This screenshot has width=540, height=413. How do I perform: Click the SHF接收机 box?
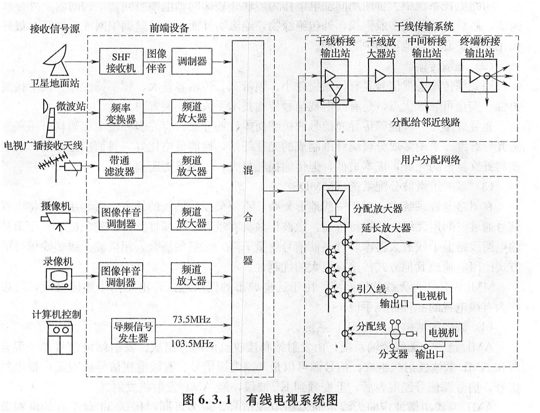121,61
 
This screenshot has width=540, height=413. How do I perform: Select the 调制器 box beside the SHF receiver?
192,61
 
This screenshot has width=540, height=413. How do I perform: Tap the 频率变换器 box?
121,112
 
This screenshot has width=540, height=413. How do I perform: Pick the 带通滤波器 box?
121,165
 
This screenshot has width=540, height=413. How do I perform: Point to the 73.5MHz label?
192,320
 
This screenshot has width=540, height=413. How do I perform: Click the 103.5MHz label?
192,343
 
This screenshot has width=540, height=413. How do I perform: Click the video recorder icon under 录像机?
59,279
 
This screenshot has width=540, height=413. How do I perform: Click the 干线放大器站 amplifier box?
381,75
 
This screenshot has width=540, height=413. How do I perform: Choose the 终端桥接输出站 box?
479,76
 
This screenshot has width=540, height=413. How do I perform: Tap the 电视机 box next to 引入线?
432,296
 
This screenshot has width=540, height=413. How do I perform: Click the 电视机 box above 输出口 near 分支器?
443,333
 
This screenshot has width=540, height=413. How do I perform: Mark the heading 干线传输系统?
423,26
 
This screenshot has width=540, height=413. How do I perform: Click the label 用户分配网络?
430,160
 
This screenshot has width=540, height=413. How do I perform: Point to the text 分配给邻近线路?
426,122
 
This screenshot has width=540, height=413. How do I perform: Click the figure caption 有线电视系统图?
292,400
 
